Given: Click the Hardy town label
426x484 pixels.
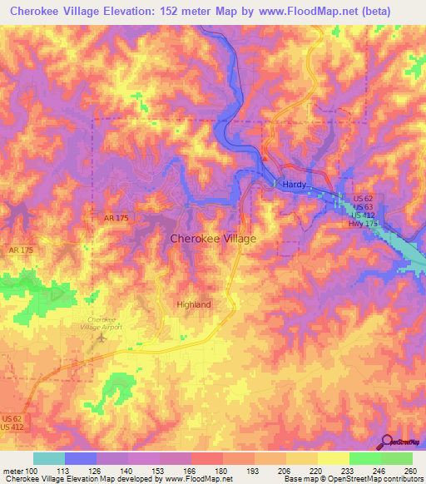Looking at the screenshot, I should (295, 185).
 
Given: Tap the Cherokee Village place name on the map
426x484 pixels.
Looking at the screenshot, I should (213, 239).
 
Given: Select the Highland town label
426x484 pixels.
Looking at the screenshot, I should (194, 304).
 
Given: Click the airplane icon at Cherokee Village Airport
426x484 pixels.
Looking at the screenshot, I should (102, 336).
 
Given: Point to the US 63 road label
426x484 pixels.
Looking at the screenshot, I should (362, 206).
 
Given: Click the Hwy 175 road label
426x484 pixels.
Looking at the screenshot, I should (362, 223).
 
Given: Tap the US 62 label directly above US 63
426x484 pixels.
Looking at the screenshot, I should (362, 199).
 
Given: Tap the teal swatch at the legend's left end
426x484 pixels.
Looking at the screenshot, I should (49, 458).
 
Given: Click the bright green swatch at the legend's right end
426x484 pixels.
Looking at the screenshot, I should (397, 458).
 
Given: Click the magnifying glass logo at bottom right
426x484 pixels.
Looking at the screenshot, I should (386, 442).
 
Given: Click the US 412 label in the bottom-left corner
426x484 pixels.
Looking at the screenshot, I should (14, 427).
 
